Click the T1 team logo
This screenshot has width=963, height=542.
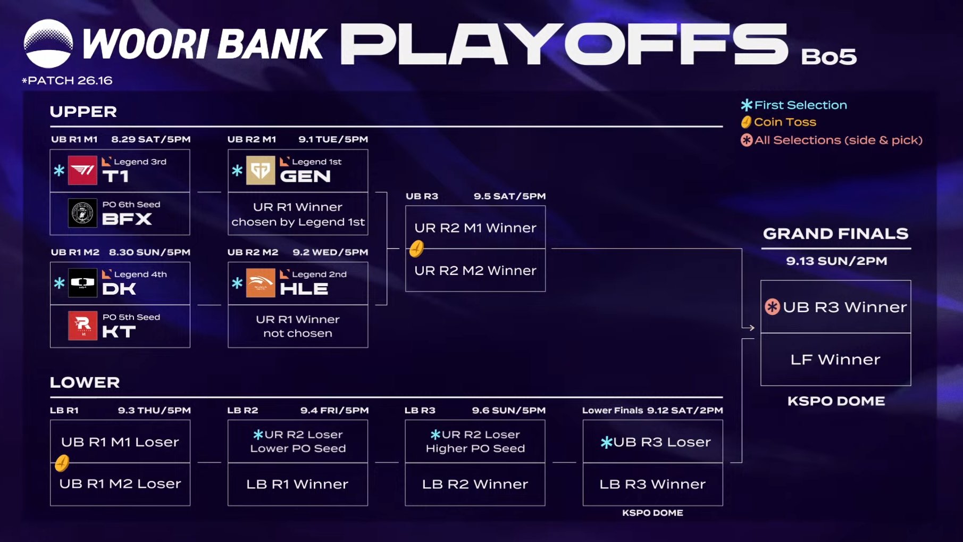(x=82, y=170)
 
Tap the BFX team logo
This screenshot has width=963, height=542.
(x=82, y=213)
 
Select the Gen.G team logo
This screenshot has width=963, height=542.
(x=261, y=170)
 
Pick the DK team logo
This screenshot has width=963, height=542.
(x=82, y=282)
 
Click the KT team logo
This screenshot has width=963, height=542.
(x=82, y=326)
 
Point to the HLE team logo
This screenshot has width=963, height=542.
(x=261, y=282)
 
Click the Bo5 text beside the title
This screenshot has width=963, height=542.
(x=828, y=56)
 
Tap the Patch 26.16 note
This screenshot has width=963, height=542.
(x=67, y=80)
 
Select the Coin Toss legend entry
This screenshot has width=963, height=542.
(x=778, y=122)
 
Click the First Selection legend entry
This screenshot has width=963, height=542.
(x=794, y=105)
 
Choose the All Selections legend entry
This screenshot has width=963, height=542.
(x=832, y=140)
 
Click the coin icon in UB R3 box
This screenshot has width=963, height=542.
(x=416, y=248)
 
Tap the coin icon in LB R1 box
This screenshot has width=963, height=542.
(x=62, y=463)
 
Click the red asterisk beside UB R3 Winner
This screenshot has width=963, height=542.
(x=772, y=307)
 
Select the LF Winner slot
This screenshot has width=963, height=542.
(x=835, y=360)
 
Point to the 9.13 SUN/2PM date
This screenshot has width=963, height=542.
(x=836, y=261)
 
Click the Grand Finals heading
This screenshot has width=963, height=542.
(x=836, y=234)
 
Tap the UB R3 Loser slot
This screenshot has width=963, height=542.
(x=653, y=441)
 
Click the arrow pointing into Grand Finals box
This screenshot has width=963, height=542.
(x=748, y=328)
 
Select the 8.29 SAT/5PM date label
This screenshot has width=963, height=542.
(x=151, y=139)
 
